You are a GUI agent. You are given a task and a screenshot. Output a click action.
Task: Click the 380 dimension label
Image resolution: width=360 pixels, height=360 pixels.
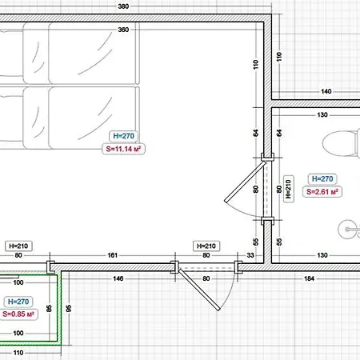[123, 6]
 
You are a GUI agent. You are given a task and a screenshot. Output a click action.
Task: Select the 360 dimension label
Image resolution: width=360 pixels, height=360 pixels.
[123, 30]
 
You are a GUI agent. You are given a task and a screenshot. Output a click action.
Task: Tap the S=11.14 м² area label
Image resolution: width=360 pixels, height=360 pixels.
[123, 149]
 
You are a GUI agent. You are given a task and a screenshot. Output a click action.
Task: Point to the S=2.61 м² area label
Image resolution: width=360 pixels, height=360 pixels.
[322, 192]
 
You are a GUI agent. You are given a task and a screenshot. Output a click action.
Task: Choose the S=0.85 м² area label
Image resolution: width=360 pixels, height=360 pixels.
[18, 314]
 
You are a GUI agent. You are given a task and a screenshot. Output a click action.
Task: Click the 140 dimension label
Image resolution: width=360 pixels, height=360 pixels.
[326, 91]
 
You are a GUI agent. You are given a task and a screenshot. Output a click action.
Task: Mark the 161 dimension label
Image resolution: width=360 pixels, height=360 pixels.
[112, 255]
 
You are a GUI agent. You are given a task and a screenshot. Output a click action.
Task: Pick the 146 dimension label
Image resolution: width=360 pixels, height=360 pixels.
[118, 278]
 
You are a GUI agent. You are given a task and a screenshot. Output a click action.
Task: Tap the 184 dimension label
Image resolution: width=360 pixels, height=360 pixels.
[309, 278]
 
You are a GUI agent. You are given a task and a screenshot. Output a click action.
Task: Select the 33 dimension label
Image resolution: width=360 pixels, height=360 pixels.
[250, 255]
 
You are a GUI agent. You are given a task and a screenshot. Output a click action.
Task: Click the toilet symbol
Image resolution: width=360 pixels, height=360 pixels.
[341, 143]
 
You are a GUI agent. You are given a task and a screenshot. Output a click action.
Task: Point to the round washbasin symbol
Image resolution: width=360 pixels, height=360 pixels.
[349, 230]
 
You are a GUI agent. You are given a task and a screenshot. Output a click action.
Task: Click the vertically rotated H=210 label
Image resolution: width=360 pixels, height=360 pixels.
[288, 189]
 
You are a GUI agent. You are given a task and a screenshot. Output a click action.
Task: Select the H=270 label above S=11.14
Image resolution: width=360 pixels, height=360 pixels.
[123, 136]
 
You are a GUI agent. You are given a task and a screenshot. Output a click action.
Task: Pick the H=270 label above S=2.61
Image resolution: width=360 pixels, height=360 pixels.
[322, 178]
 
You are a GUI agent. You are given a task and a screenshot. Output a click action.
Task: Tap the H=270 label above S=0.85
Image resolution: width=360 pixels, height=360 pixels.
[18, 302]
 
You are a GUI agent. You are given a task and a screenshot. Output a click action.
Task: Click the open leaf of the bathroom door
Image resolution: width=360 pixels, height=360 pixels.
[245, 182]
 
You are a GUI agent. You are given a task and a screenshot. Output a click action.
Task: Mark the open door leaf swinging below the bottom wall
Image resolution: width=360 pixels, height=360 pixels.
[199, 290]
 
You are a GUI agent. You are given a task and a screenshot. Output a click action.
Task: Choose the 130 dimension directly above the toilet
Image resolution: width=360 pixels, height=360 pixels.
[322, 115]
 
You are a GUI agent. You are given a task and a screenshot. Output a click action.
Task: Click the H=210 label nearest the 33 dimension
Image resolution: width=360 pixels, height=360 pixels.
[206, 246]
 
